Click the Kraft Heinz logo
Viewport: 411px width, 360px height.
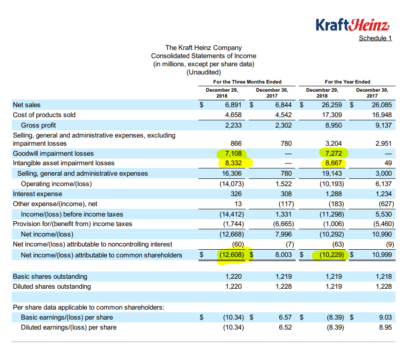352,24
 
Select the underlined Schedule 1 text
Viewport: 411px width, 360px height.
375,38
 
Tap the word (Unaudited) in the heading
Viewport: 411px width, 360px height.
203,72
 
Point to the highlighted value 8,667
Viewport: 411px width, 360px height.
333,163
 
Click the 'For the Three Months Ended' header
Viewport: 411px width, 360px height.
247,82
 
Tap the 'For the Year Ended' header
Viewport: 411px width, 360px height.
347,82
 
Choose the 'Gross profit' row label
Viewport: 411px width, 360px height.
38,125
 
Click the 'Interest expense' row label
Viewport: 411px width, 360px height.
37,194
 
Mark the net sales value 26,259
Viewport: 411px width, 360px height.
332,105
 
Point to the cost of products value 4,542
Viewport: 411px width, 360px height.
283,115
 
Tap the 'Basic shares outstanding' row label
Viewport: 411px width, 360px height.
50,276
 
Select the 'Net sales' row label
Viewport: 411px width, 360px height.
26,105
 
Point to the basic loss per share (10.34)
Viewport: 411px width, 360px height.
233,317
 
